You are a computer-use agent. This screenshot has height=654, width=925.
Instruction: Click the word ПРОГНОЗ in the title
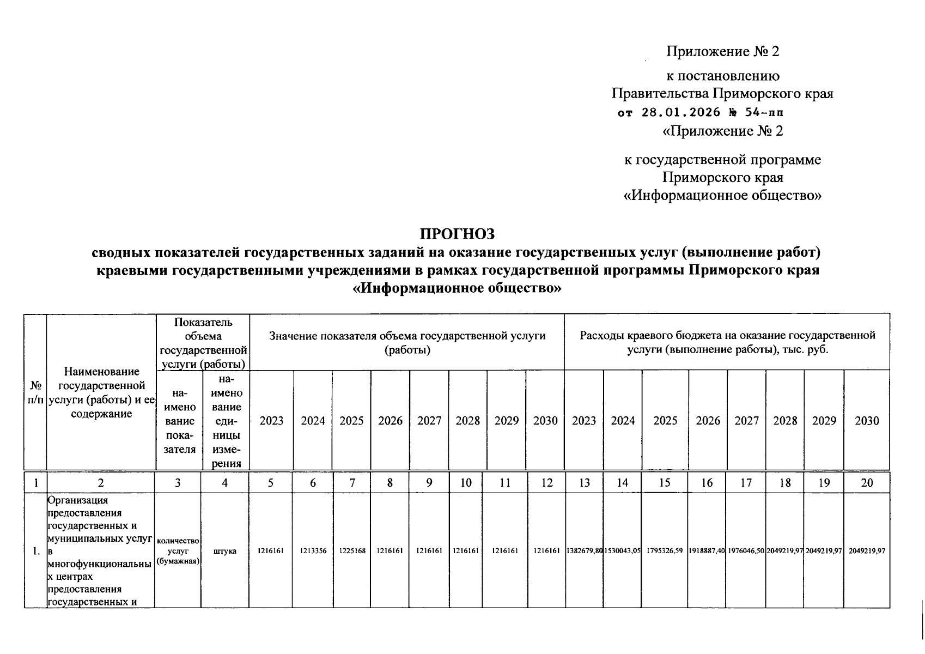[458, 234]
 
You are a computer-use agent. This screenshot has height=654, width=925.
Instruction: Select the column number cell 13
[584, 482]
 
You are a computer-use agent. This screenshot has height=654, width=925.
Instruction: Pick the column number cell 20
[867, 482]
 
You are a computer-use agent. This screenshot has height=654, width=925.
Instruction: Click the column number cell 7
[352, 482]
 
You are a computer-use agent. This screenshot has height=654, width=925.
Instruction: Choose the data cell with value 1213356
[313, 551]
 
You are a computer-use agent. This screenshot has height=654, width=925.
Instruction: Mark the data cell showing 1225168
[352, 551]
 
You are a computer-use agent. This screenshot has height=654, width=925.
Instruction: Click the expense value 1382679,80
[584, 551]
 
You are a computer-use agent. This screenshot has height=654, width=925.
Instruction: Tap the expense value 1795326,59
[665, 551]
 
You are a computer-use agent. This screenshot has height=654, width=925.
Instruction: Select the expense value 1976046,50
[746, 551]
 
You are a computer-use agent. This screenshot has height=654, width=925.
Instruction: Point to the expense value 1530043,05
[623, 551]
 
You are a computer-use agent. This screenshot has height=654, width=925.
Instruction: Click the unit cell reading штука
[225, 551]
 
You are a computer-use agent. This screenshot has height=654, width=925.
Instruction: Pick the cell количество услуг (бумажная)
[178, 551]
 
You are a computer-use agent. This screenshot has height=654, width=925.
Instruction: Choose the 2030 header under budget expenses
[867, 421]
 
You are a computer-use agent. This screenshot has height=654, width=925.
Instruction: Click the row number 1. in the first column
[35, 551]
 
